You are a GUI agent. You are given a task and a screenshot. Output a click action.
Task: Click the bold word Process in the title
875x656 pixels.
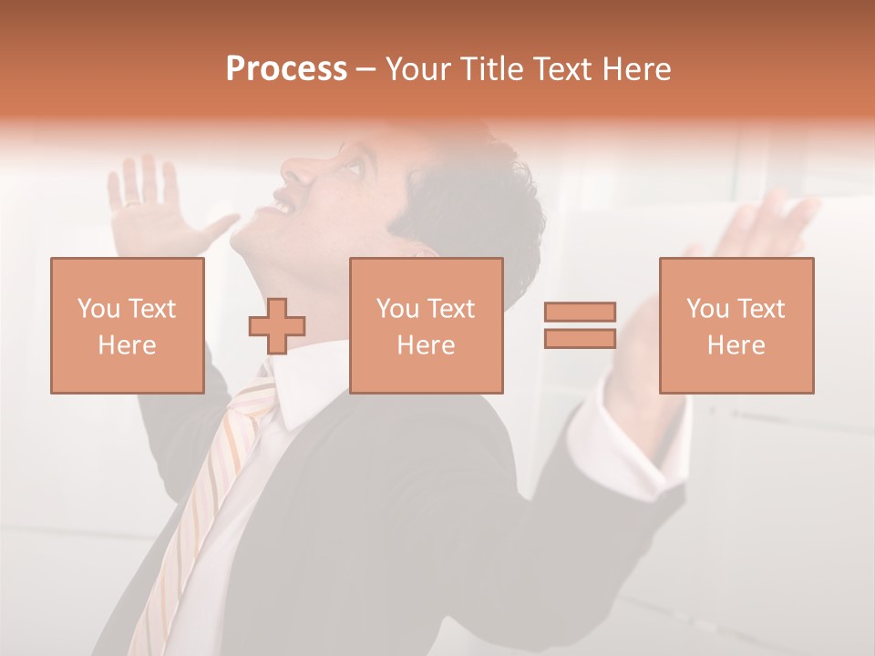(x=286, y=69)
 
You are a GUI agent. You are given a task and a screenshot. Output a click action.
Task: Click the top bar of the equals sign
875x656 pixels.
(x=580, y=313)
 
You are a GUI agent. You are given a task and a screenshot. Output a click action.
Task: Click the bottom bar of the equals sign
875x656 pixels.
(x=580, y=338)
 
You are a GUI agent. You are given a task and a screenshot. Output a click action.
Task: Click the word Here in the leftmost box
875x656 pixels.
(x=127, y=345)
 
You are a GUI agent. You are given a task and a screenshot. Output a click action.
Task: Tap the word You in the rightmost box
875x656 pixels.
(x=706, y=309)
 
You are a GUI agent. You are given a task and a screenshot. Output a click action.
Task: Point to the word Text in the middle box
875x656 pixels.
(x=451, y=309)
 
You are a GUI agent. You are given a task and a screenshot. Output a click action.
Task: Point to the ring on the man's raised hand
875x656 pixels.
(x=134, y=202)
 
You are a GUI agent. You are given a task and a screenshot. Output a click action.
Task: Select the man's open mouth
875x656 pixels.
(x=283, y=206)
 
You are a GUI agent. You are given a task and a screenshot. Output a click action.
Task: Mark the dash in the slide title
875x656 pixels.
(x=365, y=69)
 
